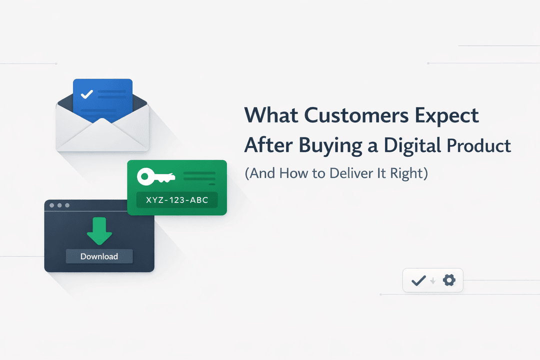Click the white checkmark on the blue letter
click(x=87, y=94)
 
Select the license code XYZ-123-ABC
click(x=177, y=200)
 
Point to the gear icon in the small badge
click(x=449, y=280)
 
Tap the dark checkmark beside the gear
click(x=419, y=280)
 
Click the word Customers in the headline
click(x=356, y=115)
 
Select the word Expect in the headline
click(x=446, y=116)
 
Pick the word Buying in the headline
click(x=330, y=146)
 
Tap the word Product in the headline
click(x=478, y=145)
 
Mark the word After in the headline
click(x=268, y=145)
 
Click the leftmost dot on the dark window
click(x=52, y=205)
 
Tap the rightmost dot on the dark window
click(x=67, y=205)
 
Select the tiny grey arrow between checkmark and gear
click(x=433, y=281)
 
